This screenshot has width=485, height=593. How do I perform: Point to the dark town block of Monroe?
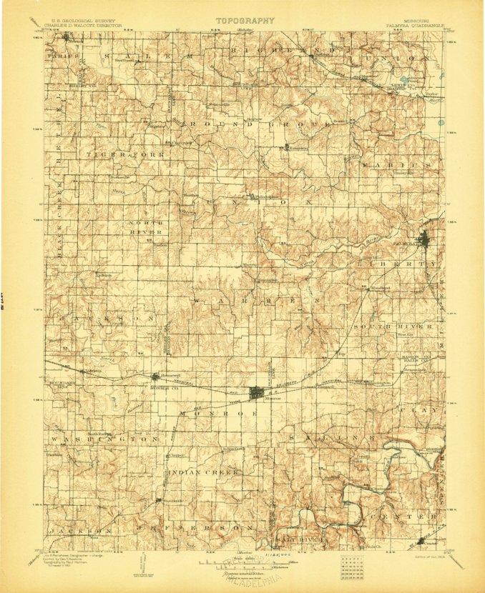tap(257, 392)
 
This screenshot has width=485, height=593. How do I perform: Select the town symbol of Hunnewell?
tap(157, 377)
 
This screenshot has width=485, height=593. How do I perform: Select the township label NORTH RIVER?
tap(147, 227)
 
